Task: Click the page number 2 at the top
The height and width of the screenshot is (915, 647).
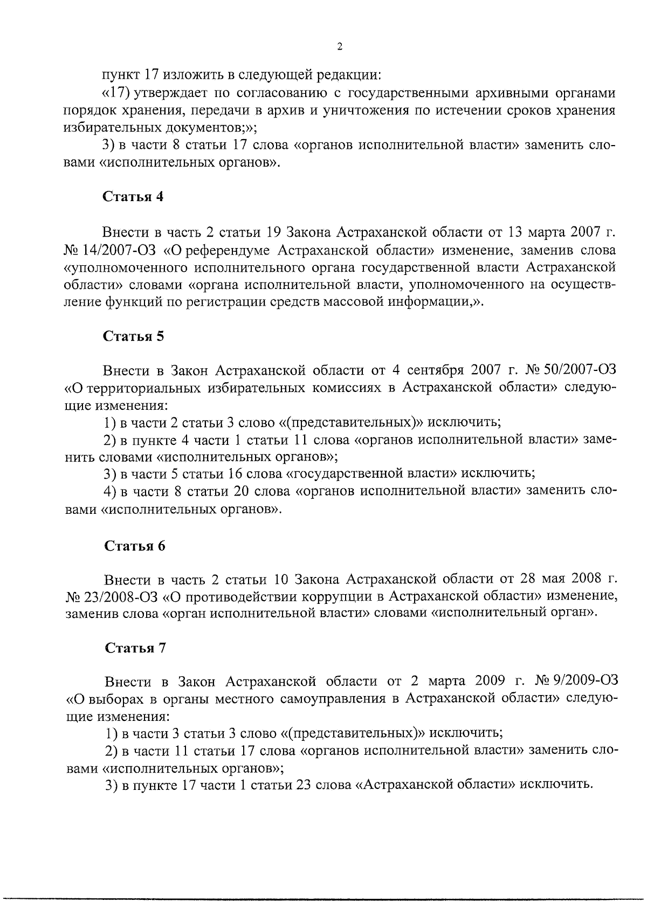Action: [339, 47]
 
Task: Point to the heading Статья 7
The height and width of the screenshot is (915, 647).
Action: [134, 648]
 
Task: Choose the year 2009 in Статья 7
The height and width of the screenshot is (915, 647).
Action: [491, 682]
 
